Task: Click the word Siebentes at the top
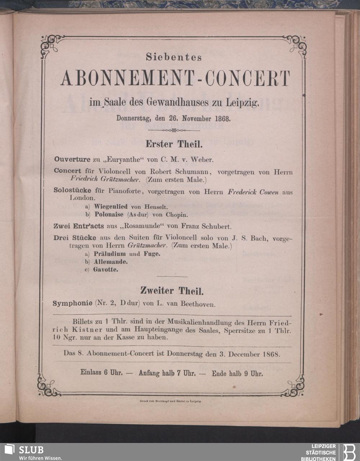(x=174, y=57)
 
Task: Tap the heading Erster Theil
(x=174, y=145)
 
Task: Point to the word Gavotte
(x=105, y=269)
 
